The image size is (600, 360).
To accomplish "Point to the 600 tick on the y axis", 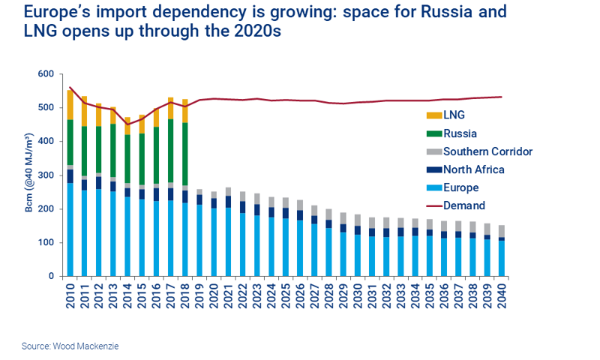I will click(46, 74).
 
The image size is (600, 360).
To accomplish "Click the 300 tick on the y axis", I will click(46, 175).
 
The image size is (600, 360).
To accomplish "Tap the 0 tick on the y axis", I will click(52, 277).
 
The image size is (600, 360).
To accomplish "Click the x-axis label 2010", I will click(70, 295).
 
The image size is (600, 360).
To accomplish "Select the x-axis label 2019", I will click(199, 295).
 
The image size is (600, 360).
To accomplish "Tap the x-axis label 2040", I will click(500, 295).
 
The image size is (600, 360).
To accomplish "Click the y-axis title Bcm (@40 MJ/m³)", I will click(29, 175).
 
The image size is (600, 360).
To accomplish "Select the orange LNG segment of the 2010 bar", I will click(70, 103).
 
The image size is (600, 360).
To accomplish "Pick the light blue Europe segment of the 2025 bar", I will click(285, 247).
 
